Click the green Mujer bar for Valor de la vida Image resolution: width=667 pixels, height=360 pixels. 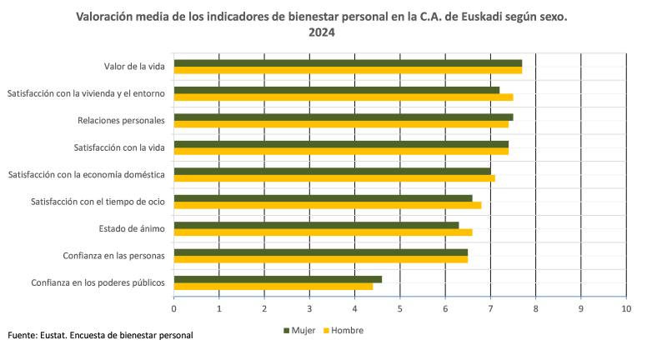tap(348, 62)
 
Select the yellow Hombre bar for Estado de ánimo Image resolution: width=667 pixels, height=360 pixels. tap(323, 232)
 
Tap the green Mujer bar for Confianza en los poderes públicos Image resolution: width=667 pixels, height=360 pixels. tap(278, 279)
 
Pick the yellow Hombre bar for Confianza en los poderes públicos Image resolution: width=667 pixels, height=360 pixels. tap(273, 286)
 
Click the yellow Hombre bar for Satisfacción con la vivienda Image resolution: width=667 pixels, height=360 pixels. tap(344, 97)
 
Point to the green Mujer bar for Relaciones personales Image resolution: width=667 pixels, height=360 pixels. tap(344, 117)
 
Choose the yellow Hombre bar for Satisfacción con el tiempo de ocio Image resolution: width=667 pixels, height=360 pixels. tap(328, 205)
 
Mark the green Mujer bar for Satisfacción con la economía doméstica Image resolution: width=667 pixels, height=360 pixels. tap(332, 171)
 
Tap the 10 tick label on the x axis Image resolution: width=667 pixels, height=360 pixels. tap(626, 309)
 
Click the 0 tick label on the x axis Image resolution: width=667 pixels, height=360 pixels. tap(174, 309)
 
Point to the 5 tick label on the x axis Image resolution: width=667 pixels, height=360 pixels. tap(400, 309)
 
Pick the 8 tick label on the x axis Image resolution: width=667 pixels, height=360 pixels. tap(536, 309)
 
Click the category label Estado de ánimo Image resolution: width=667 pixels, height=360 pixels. tap(131, 228)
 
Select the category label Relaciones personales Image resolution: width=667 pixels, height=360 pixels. tap(121, 120)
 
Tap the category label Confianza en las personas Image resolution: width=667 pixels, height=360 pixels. tap(113, 255)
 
